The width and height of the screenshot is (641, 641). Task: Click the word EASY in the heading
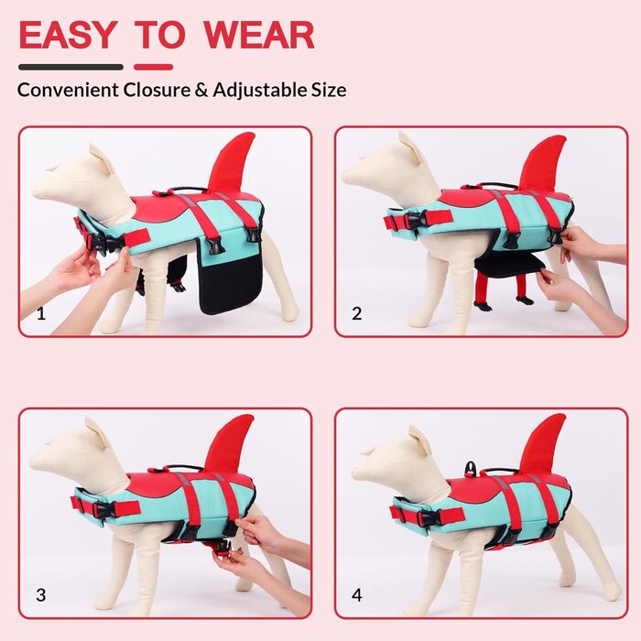pyautogui.click(x=68, y=35)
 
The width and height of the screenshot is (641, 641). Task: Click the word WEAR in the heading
pyautogui.click(x=259, y=35)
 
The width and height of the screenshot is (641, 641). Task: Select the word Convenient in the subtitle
pyautogui.click(x=68, y=90)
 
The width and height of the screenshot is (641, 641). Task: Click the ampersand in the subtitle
pyautogui.click(x=201, y=90)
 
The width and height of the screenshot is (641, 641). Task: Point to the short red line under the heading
pyautogui.click(x=153, y=67)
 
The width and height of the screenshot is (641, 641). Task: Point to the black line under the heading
pyautogui.click(x=71, y=67)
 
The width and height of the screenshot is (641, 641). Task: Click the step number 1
pyautogui.click(x=41, y=313)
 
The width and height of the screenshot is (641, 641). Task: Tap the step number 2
pyautogui.click(x=357, y=313)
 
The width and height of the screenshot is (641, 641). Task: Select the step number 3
pyautogui.click(x=41, y=595)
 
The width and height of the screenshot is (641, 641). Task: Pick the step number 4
pyautogui.click(x=357, y=595)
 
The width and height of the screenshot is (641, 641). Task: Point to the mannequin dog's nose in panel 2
pyautogui.click(x=346, y=175)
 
